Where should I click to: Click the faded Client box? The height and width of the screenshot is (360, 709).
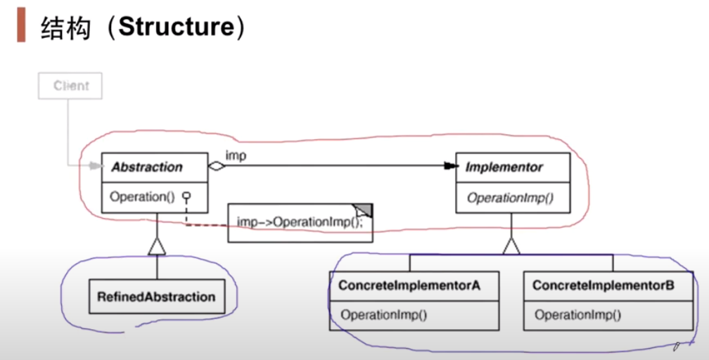tap(71, 86)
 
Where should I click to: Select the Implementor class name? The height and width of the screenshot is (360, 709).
tap(504, 167)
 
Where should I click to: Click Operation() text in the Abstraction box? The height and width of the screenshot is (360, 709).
tap(141, 197)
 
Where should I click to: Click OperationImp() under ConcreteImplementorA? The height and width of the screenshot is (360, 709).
tap(384, 314)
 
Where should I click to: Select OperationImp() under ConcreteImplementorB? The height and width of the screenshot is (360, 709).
tap(578, 314)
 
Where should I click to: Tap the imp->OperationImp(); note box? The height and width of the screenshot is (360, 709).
tap(300, 223)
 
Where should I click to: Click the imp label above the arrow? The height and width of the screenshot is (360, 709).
tap(236, 155)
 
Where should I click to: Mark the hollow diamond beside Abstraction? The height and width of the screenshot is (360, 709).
tap(216, 167)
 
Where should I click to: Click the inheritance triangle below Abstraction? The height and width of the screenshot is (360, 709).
tap(157, 245)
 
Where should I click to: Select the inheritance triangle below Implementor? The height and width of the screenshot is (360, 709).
tap(511, 245)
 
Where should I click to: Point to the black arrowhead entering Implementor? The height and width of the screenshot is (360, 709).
tap(451, 167)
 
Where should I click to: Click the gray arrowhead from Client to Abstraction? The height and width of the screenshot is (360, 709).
tap(96, 167)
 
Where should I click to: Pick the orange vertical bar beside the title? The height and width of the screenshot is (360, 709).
tap(21, 26)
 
